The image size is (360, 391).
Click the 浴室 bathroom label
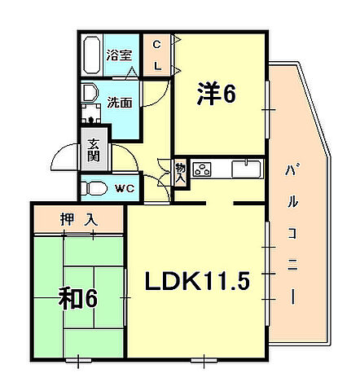(x=120, y=55)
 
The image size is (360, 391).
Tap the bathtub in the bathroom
(x=92, y=55)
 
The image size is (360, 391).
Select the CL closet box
(x=156, y=55)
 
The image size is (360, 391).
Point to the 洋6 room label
(x=217, y=95)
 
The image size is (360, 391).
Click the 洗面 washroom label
(x=120, y=103)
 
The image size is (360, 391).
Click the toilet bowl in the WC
(x=94, y=189)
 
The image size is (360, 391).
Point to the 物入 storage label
(x=180, y=171)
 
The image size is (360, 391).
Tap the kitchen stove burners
(x=203, y=170)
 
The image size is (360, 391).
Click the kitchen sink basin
(x=244, y=169)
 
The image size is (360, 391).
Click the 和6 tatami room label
(x=78, y=299)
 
